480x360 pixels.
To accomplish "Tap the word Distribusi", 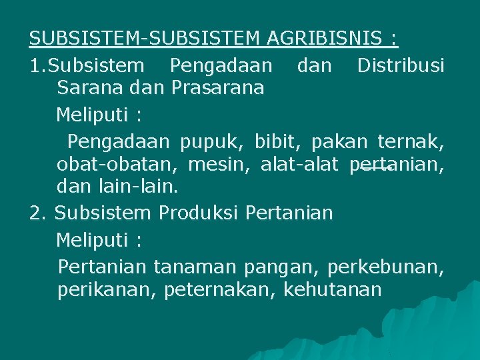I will click(401, 65).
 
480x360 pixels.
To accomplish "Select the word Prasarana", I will click(218, 87).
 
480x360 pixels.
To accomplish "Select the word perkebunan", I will click(385, 267).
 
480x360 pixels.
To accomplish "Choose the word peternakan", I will click(219, 290).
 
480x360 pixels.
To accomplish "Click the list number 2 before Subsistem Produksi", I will click(37, 213).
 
